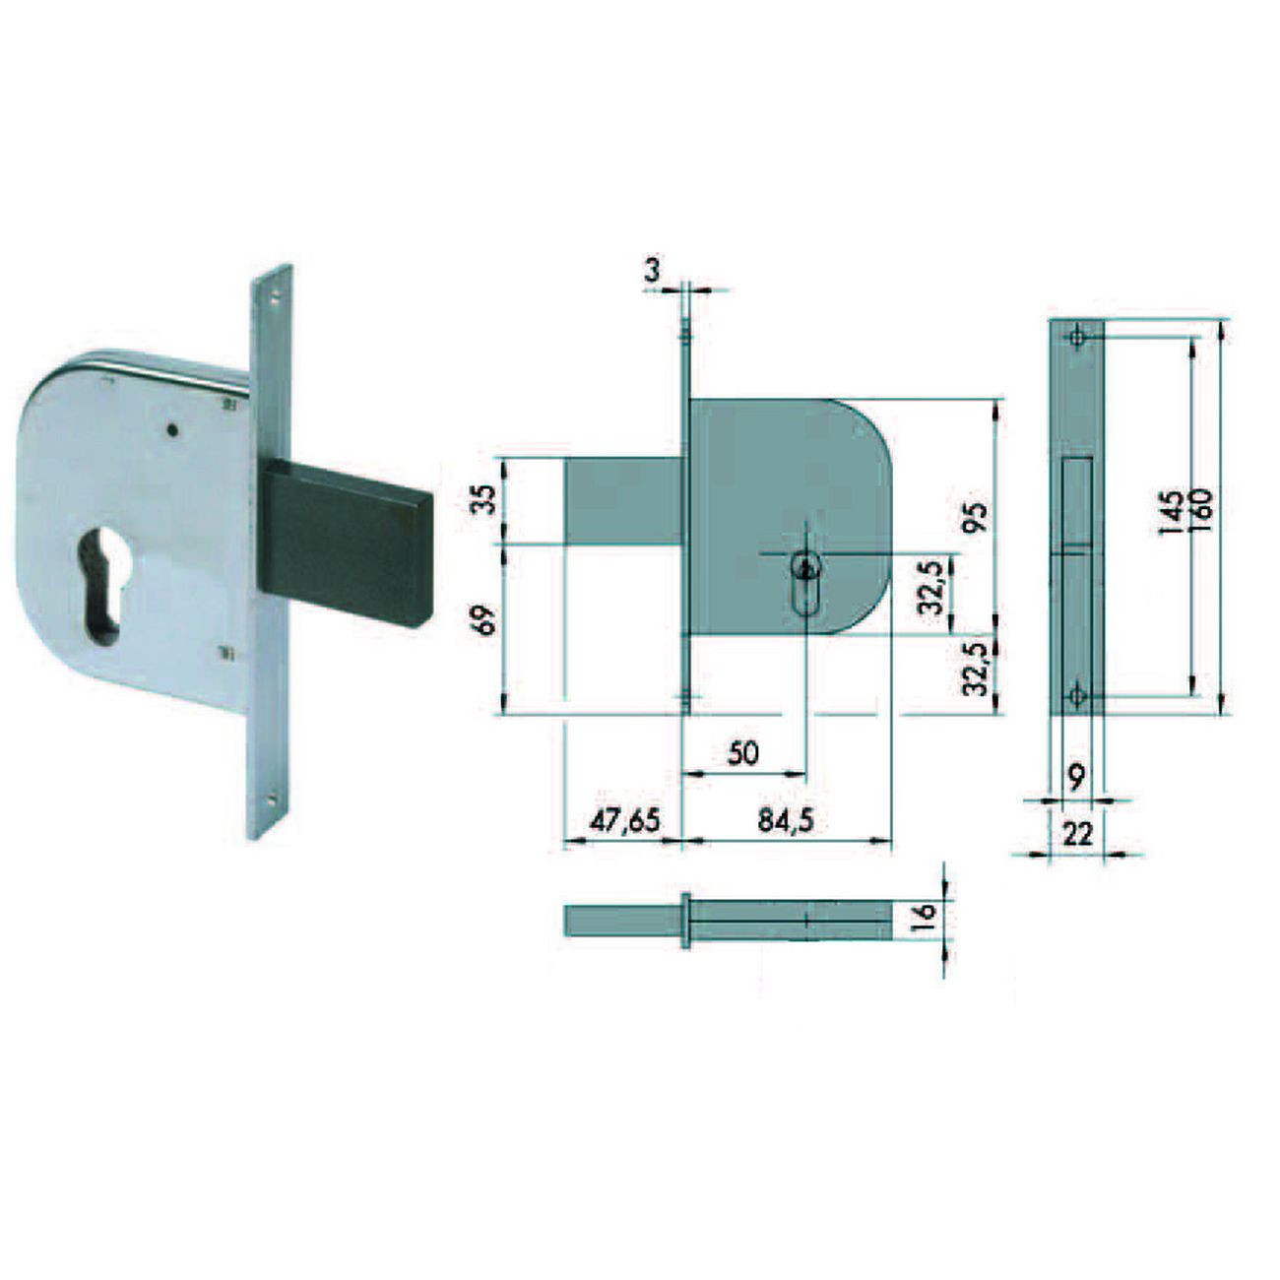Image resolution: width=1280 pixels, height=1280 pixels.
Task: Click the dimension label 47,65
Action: tap(625, 822)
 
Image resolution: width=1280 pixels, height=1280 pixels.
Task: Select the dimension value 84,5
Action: tap(786, 822)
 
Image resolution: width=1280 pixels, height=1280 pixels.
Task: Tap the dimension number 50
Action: tap(742, 754)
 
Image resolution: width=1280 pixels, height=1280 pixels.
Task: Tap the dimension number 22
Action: tap(1077, 834)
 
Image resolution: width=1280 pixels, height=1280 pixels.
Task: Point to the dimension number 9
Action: tap(1077, 777)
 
